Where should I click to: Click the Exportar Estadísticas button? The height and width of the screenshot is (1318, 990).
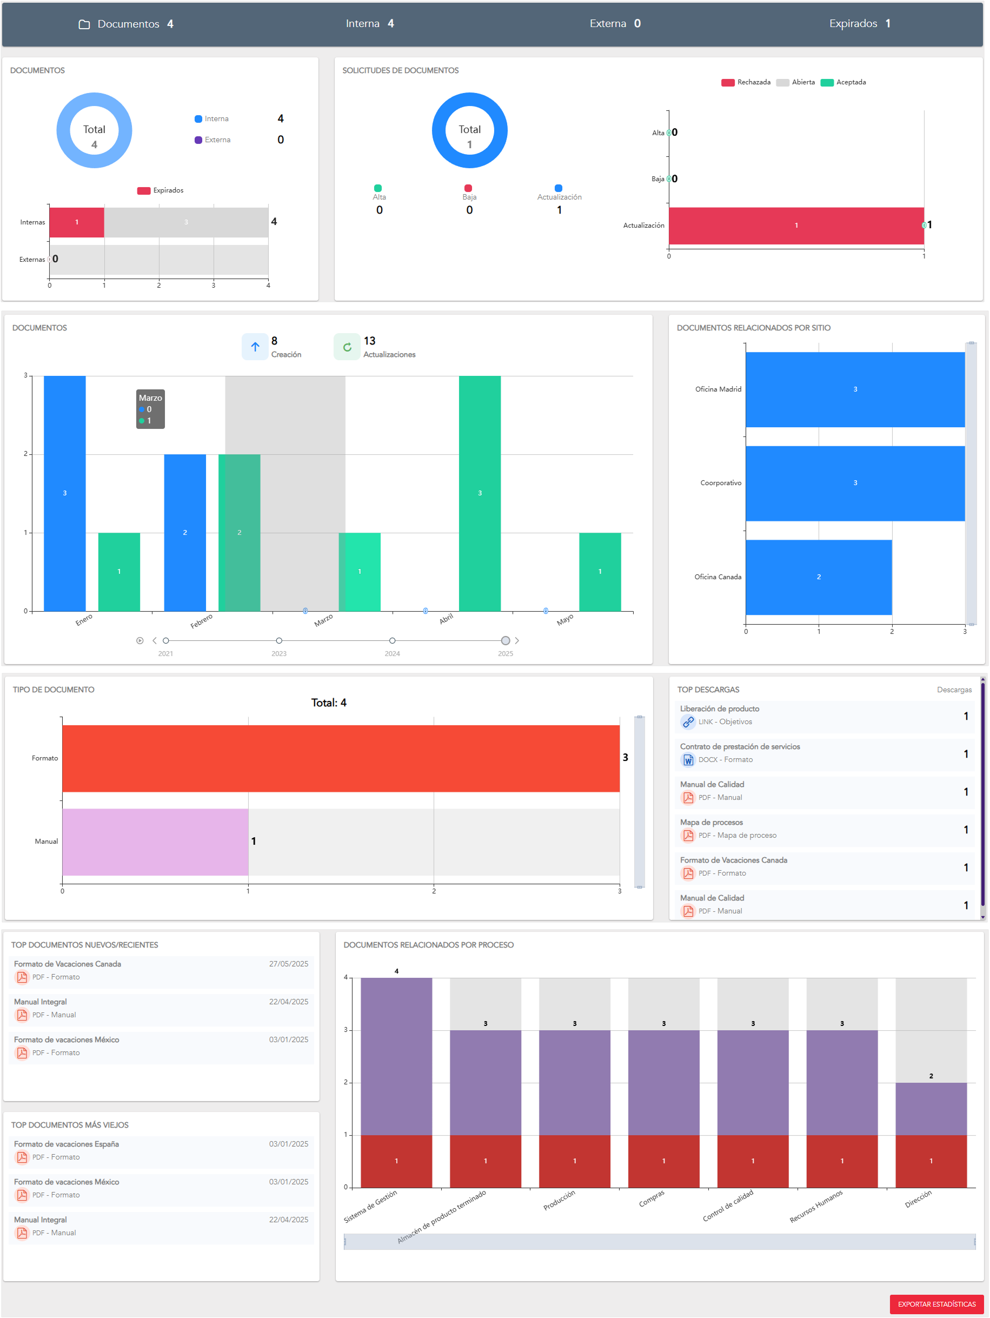point(936,1304)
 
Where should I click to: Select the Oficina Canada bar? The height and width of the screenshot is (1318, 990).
point(818,577)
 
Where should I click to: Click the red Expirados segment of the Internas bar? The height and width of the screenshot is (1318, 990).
point(76,222)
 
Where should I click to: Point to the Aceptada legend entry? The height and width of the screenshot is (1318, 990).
point(843,82)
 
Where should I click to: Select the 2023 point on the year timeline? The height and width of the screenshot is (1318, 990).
point(279,640)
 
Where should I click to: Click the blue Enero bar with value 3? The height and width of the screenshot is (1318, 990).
point(64,493)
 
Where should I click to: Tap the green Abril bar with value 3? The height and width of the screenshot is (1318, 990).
point(480,493)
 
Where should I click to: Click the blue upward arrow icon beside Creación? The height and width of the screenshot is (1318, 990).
point(255,347)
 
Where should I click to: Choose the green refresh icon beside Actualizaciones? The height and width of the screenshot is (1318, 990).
point(347,347)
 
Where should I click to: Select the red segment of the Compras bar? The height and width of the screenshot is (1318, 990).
point(663,1161)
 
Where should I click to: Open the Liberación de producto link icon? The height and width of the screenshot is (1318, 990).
point(688,721)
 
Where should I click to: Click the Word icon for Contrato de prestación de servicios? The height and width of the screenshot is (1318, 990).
point(688,760)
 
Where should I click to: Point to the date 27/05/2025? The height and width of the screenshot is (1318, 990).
point(288,963)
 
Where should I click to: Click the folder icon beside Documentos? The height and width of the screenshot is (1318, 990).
point(84,24)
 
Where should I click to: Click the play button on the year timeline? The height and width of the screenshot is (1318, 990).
point(139,640)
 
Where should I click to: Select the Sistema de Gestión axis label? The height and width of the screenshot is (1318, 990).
point(370,1207)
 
